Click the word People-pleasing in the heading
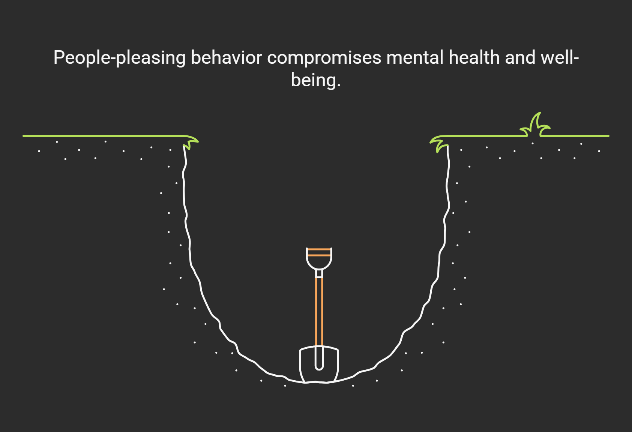point(119,58)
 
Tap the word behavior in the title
point(226,58)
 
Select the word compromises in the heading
point(324,58)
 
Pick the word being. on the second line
point(316,80)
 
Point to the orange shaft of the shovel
point(319,311)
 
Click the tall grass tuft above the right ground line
point(536,126)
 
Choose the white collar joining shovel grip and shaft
point(319,274)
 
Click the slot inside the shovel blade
point(319,358)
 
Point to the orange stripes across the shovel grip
point(319,252)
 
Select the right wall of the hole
point(445,225)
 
